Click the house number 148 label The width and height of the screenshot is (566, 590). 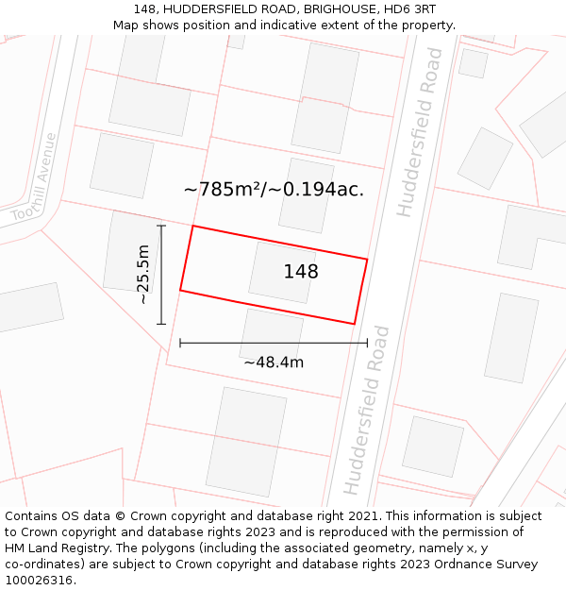pyautogui.click(x=301, y=272)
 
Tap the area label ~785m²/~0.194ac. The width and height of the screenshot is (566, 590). pyautogui.click(x=274, y=190)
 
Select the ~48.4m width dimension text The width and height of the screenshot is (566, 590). pyautogui.click(x=274, y=362)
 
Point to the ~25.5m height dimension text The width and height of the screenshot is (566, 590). pyautogui.click(x=142, y=274)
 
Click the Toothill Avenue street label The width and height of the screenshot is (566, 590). pyautogui.click(x=35, y=177)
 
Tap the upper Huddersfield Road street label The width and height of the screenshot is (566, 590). pyautogui.click(x=420, y=132)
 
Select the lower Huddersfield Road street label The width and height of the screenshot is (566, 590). pyautogui.click(x=367, y=410)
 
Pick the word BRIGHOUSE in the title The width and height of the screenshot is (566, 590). pyautogui.click(x=325, y=9)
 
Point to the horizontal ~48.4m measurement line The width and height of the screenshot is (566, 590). pyautogui.click(x=274, y=343)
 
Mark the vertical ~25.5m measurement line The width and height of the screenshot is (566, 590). pyautogui.click(x=161, y=275)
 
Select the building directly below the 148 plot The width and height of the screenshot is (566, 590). pyautogui.click(x=272, y=335)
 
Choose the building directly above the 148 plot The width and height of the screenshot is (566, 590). pyautogui.click(x=306, y=194)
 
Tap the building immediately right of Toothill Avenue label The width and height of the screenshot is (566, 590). pyautogui.click(x=122, y=165)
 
